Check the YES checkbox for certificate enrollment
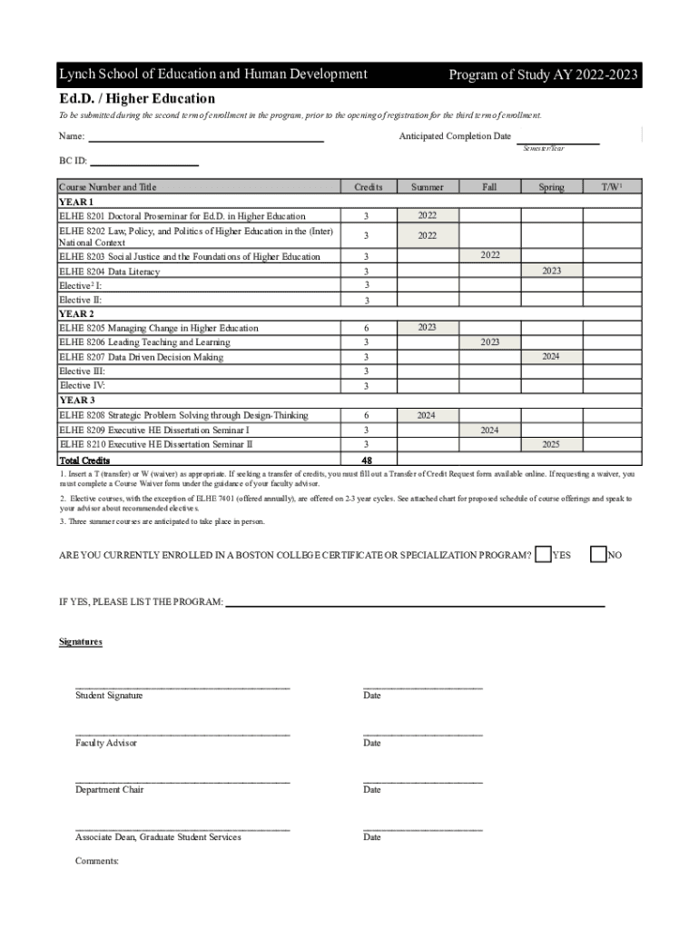coord(543,554)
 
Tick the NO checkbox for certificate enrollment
coord(598,554)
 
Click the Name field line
coord(205,141)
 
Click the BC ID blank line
coord(143,164)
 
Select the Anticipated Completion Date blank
coord(558,143)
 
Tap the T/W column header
coord(611,187)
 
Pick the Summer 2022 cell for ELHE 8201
coord(428,215)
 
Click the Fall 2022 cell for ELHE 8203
coord(490,255)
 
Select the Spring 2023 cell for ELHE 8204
coord(551,271)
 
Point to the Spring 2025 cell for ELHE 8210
coord(551,445)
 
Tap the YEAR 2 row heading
coord(76,313)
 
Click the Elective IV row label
coord(82,386)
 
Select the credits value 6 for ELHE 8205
coord(367,328)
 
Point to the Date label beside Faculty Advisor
coord(372,743)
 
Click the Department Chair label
coord(110,790)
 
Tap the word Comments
coord(97,861)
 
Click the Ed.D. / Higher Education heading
coord(137,98)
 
